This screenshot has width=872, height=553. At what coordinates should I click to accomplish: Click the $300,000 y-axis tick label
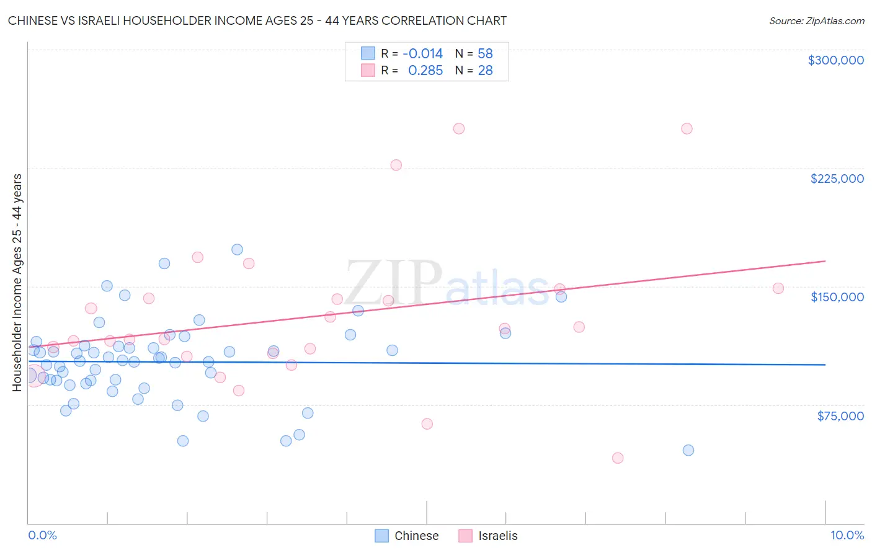(x=835, y=60)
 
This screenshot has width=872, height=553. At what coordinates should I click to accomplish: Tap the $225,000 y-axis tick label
(x=837, y=179)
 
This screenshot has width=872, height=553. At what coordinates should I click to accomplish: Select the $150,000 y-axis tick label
(x=837, y=297)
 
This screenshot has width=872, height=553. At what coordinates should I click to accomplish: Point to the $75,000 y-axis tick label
(x=840, y=416)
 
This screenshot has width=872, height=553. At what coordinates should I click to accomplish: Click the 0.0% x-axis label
(x=42, y=535)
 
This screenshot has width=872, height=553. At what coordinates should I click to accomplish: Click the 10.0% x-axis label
(x=847, y=535)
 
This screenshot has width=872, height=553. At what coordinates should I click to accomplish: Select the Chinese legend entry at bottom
(x=407, y=536)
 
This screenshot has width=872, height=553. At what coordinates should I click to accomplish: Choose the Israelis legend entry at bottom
(x=488, y=536)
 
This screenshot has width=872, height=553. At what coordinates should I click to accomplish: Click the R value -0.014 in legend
(x=422, y=53)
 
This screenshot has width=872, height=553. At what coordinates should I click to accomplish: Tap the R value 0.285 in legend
(x=425, y=70)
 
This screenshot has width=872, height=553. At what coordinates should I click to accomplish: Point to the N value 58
(x=485, y=53)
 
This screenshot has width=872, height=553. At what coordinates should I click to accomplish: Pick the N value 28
(x=485, y=70)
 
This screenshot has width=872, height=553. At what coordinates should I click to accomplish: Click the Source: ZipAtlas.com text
(x=816, y=21)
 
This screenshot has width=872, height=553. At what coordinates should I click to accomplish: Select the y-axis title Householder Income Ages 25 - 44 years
(x=17, y=282)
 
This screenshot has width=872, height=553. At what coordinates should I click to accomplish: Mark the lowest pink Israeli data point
(x=618, y=458)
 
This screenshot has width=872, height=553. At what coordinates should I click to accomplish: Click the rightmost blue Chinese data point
(x=688, y=450)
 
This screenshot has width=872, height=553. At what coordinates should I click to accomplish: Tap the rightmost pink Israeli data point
(x=778, y=288)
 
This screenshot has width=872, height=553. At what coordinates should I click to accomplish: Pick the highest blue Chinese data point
(x=237, y=250)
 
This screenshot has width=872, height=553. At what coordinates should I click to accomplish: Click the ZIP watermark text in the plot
(x=393, y=282)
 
